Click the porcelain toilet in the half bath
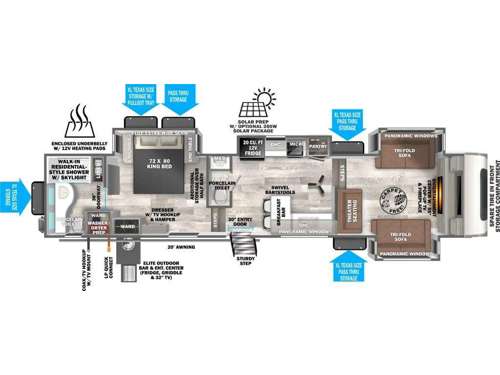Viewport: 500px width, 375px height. point(222,165)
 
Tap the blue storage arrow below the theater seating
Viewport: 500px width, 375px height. point(348,269)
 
